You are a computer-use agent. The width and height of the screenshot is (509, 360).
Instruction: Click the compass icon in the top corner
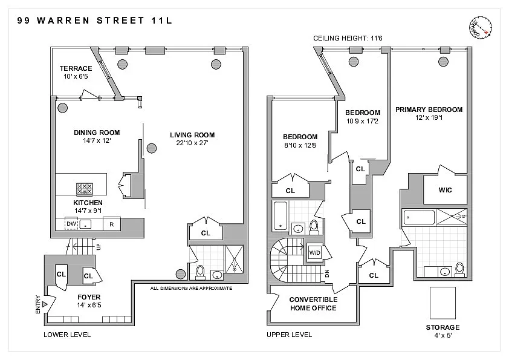(x=481, y=28)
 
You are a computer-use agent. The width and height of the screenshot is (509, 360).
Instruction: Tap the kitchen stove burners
(x=85, y=189)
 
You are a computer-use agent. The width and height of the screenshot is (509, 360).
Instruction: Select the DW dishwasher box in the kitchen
(x=71, y=223)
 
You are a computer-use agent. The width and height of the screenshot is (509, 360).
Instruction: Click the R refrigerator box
(x=112, y=224)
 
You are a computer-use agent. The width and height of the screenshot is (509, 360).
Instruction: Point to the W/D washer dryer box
(x=314, y=253)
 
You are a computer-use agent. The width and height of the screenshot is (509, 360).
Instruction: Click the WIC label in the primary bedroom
(x=445, y=190)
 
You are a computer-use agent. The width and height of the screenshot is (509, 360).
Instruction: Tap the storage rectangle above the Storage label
(x=443, y=303)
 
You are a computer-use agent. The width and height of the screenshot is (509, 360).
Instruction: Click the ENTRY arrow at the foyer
(x=45, y=304)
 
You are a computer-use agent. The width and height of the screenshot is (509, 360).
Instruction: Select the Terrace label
(x=76, y=68)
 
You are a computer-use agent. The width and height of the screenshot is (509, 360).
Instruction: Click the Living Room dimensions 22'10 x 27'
(x=192, y=143)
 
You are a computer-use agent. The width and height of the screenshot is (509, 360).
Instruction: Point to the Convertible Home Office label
(x=313, y=304)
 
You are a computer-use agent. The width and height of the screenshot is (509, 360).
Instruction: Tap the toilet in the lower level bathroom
(x=200, y=273)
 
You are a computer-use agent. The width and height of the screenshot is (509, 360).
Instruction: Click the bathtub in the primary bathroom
(x=419, y=217)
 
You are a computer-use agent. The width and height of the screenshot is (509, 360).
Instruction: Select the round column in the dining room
(x=63, y=108)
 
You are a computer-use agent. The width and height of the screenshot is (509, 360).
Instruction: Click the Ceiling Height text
(x=348, y=38)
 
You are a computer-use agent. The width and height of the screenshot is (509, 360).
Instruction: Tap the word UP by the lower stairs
(x=99, y=247)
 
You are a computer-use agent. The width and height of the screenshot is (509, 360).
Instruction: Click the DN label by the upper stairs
(x=327, y=273)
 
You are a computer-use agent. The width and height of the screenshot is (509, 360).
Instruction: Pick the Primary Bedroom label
(x=429, y=110)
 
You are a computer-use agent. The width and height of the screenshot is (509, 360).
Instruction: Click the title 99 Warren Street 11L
(x=94, y=21)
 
